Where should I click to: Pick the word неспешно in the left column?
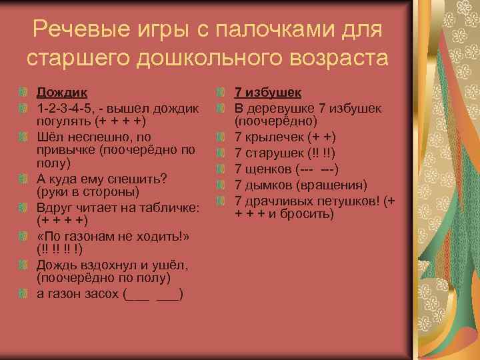tap(99, 137)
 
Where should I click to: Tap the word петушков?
tap(351, 200)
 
